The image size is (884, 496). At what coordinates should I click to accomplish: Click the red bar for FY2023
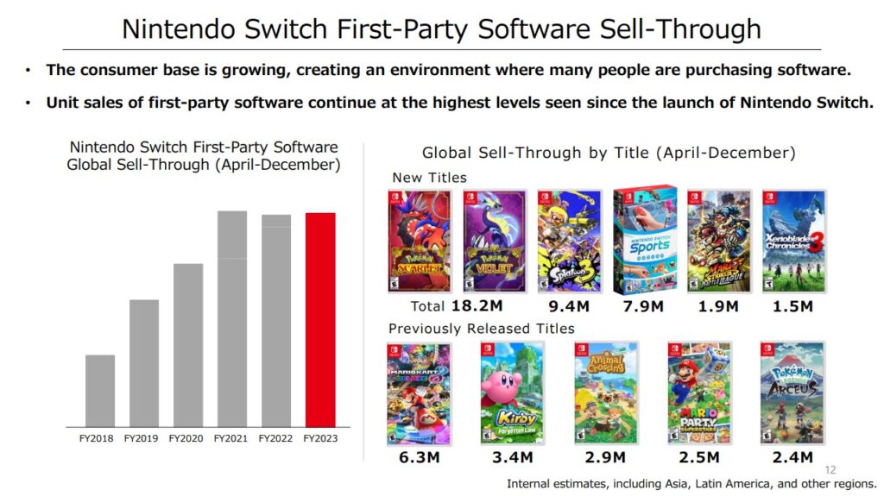tap(320, 319)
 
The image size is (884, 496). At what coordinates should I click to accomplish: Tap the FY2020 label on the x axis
tap(187, 439)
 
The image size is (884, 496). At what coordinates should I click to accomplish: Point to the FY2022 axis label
tap(276, 439)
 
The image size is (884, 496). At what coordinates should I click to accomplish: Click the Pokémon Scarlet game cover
tap(420, 242)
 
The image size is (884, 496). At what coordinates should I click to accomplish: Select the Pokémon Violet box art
tap(495, 242)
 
